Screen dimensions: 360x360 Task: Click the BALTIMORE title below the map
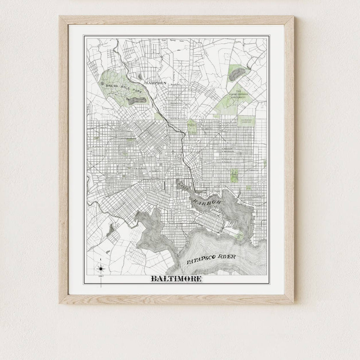coord(176,279)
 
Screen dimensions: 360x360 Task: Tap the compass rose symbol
coord(101,268)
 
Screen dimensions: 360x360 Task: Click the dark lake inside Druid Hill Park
coord(137,100)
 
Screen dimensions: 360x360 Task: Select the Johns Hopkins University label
coord(238,94)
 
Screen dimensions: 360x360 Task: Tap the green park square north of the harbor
coord(234,175)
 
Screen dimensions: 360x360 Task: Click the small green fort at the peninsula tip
coord(240,235)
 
